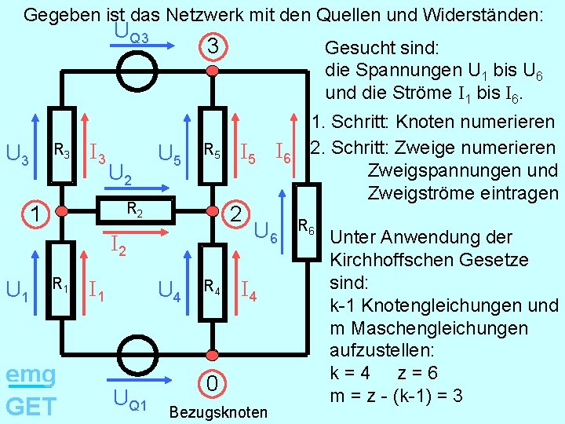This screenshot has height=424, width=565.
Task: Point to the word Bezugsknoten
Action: click(x=218, y=412)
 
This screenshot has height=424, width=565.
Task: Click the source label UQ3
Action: click(x=131, y=33)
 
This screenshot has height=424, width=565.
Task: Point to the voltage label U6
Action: click(x=267, y=233)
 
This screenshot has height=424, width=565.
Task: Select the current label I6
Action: click(x=283, y=153)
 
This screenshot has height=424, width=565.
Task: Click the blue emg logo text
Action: click(x=31, y=375)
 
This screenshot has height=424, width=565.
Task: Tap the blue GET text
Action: click(x=31, y=406)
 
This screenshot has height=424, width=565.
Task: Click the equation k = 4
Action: click(x=359, y=372)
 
